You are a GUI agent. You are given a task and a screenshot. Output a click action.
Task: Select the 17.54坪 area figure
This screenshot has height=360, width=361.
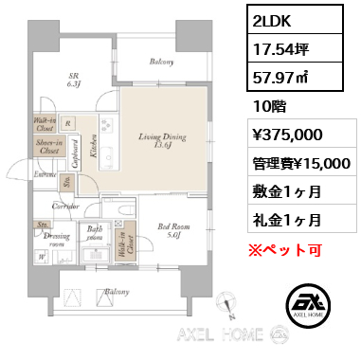[x=280, y=46]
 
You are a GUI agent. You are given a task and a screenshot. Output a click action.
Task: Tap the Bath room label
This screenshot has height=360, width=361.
[x=95, y=232]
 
